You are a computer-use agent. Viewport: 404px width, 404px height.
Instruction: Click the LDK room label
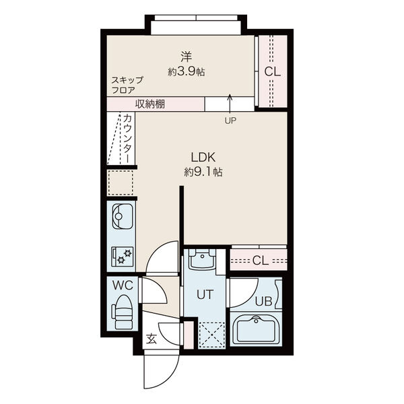click(x=203, y=157)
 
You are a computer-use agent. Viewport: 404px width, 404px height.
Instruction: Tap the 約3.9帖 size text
click(x=187, y=72)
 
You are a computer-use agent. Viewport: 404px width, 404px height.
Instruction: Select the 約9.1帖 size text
click(x=203, y=172)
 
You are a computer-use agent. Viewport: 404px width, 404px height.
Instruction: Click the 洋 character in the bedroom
click(x=186, y=57)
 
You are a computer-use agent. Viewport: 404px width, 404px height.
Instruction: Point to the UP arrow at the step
click(x=230, y=104)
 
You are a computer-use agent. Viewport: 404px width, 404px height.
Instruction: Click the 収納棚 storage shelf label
click(x=150, y=104)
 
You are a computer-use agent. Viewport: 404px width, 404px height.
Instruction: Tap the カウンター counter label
click(x=127, y=138)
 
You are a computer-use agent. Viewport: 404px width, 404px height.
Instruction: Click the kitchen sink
click(x=123, y=216)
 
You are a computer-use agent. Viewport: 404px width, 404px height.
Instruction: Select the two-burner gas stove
click(x=123, y=257)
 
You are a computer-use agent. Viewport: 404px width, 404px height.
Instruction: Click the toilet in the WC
click(x=122, y=312)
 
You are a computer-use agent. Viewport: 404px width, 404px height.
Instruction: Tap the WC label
click(x=123, y=285)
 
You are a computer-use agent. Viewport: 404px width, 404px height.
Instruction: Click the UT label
click(x=205, y=294)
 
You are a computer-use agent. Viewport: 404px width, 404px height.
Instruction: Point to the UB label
click(x=263, y=301)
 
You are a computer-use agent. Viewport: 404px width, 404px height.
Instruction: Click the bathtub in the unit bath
click(x=256, y=330)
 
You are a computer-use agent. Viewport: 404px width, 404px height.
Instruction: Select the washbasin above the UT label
click(x=202, y=259)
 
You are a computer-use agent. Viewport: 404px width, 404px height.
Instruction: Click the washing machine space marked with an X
click(x=211, y=335)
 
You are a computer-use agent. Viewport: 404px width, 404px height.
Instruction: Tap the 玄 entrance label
click(x=151, y=339)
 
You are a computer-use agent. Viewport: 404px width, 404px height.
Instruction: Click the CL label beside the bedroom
click(x=272, y=71)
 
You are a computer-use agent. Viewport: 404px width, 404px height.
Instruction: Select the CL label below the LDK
click(x=261, y=261)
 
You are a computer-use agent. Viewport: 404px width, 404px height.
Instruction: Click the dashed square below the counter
click(x=121, y=182)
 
